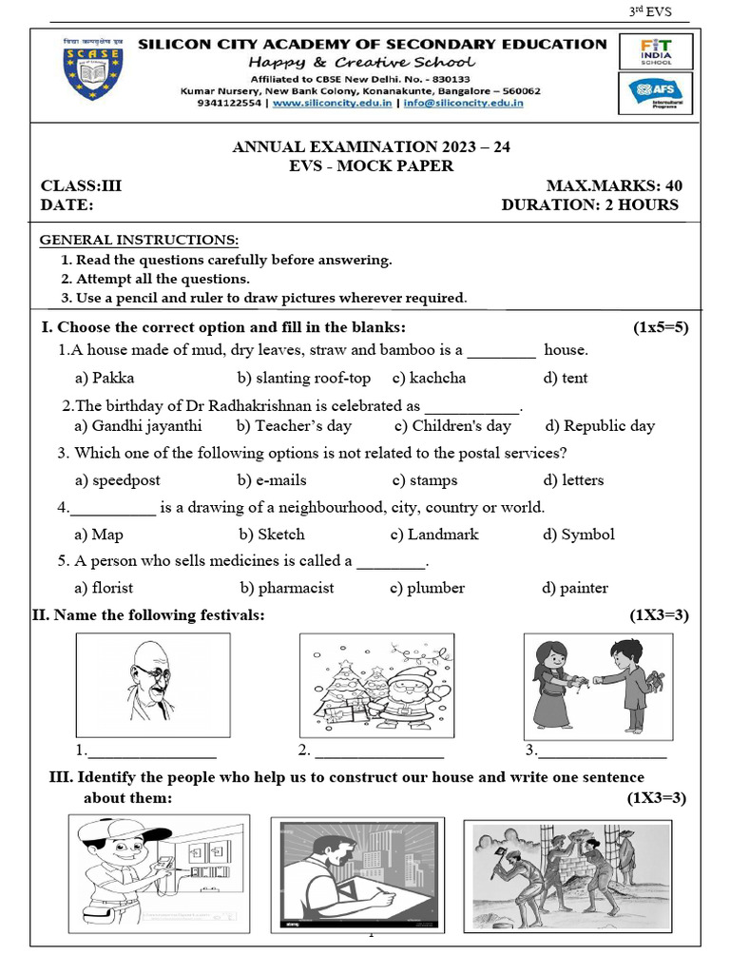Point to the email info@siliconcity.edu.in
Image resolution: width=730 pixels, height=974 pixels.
pyautogui.click(x=464, y=104)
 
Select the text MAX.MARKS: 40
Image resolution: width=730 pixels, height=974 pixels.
pyautogui.click(x=613, y=185)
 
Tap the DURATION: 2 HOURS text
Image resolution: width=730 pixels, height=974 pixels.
pyautogui.click(x=589, y=205)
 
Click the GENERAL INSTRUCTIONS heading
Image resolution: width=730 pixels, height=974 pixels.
pyautogui.click(x=139, y=241)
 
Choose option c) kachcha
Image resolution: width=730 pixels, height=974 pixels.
pyautogui.click(x=429, y=378)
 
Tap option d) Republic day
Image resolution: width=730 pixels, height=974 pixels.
pyautogui.click(x=599, y=426)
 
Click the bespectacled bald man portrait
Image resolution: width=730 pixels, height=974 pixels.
pyautogui.click(x=152, y=684)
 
